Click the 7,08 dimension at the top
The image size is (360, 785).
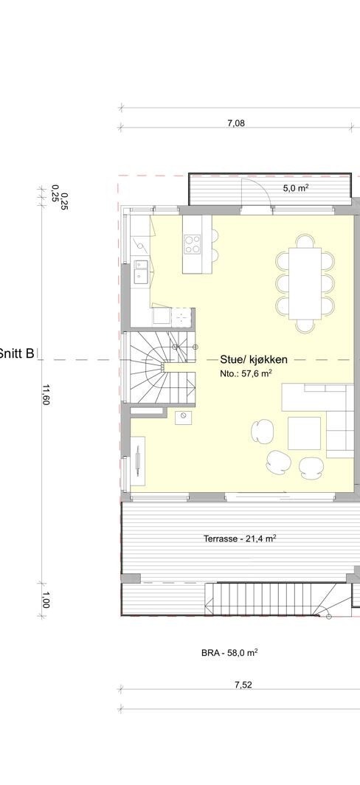pos(235,123)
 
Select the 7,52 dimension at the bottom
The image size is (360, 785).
pos(243,685)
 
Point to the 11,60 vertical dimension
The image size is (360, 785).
pos(46,398)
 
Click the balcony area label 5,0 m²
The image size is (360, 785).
pos(296,189)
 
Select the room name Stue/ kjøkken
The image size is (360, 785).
pos(253,360)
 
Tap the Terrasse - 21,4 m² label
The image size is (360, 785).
pos(240,539)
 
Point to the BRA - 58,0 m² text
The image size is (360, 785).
pos(229,653)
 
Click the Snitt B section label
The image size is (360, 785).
pos(17,353)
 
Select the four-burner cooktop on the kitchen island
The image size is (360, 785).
pos(193,243)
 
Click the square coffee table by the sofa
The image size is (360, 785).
pos(304,433)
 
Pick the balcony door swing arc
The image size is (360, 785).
pos(260,194)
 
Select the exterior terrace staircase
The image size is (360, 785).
pos(273,598)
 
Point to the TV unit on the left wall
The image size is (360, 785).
pos(139,461)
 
